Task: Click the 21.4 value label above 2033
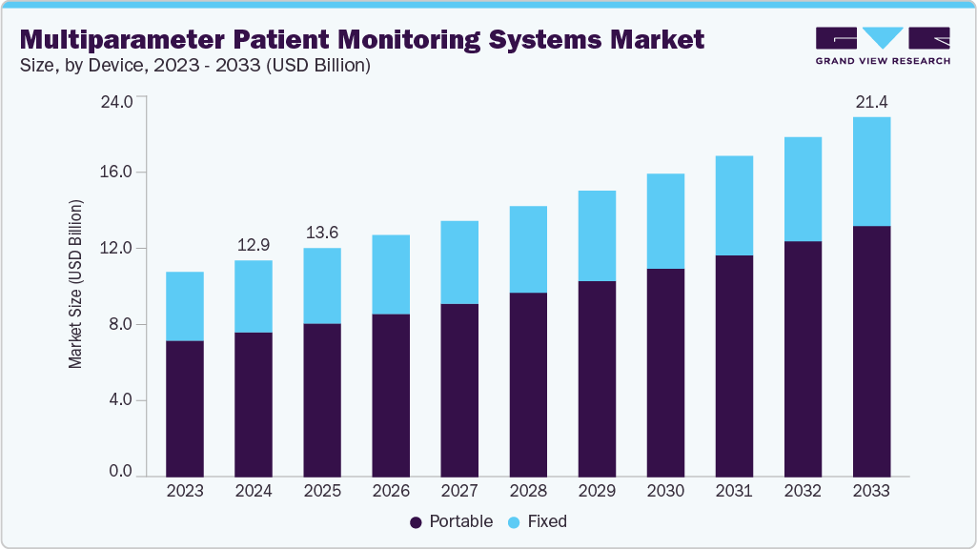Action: pyautogui.click(x=871, y=102)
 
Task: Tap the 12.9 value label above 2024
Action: pyautogui.click(x=254, y=245)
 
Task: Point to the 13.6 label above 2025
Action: pyautogui.click(x=322, y=233)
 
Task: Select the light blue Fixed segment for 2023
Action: pyautogui.click(x=185, y=306)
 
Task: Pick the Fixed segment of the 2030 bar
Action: pyautogui.click(x=665, y=221)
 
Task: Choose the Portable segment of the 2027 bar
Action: pyautogui.click(x=459, y=390)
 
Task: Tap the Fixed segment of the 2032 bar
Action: pyautogui.click(x=803, y=189)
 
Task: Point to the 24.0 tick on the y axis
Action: pyautogui.click(x=120, y=97)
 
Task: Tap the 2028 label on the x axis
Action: pyautogui.click(x=528, y=492)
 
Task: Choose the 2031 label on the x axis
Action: pyautogui.click(x=734, y=492)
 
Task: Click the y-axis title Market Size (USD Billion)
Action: pyautogui.click(x=75, y=285)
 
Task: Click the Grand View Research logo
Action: pyautogui.click(x=883, y=46)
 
